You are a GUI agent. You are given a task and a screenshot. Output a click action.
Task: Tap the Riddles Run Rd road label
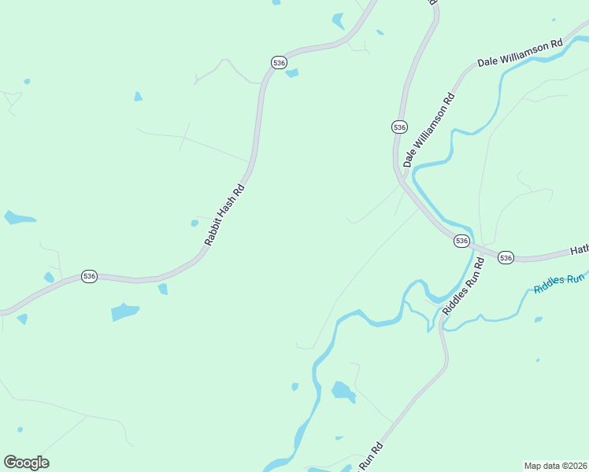462,286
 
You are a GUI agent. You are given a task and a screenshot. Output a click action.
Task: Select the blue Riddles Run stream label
560,283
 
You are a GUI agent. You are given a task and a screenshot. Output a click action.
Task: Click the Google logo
26,463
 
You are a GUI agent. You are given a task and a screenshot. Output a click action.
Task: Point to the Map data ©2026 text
556,465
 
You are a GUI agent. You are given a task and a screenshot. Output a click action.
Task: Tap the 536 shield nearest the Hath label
506,257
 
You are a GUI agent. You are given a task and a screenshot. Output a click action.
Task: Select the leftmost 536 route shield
89,276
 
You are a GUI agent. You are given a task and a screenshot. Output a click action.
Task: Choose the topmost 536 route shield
278,61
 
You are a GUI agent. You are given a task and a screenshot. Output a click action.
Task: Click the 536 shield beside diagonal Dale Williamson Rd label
399,127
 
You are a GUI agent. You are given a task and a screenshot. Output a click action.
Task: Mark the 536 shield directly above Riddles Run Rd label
462,241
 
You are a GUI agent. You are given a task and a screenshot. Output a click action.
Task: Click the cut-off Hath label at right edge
579,250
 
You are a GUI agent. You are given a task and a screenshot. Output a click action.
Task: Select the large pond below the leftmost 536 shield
124,312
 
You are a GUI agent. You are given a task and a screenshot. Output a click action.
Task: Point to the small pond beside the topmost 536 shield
292,73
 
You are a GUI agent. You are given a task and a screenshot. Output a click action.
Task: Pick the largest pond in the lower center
343,390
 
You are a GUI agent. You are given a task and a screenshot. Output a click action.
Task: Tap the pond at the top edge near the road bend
338,21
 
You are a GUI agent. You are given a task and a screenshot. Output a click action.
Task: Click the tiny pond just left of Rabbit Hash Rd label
194,223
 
